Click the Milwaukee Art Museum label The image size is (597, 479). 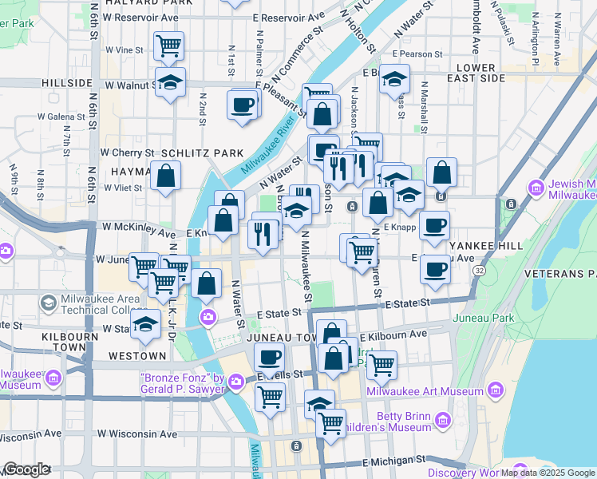tap(425, 390)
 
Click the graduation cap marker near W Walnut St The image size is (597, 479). tap(169, 83)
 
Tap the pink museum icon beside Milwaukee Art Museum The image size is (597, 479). tap(496, 390)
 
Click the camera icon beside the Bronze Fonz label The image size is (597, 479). tap(235, 383)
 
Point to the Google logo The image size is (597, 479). tap(27, 469)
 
